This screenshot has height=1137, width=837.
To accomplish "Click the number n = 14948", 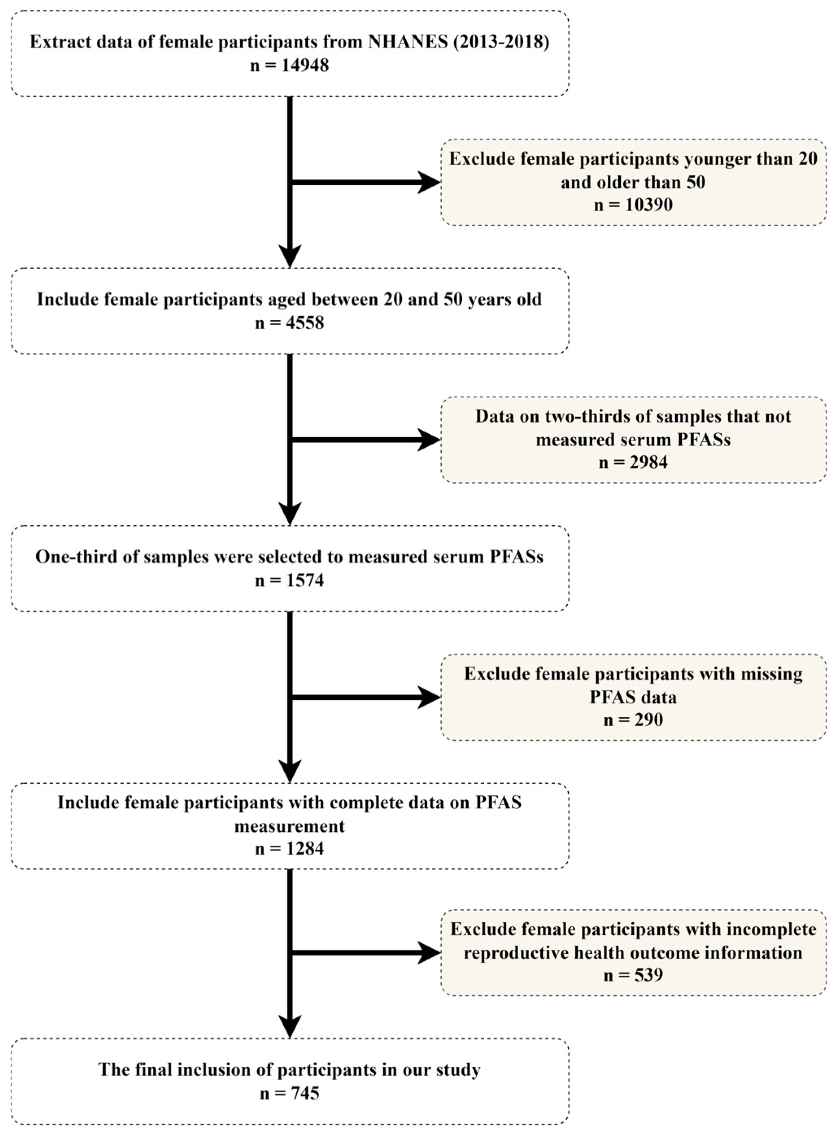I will pos(289,65).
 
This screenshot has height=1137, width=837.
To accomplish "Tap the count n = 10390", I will pos(633,205).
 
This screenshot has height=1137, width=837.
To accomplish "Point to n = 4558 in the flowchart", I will pos(289,323).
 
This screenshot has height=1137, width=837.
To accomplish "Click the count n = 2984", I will pos(633,462).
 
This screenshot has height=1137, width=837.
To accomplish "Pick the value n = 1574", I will pos(289,580).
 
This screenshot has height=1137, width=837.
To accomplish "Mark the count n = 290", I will pos(633,720).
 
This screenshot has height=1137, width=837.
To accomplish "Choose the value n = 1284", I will pos(289,848).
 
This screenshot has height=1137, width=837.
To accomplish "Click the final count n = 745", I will pos(289,1093).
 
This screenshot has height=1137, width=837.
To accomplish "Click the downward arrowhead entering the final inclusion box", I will pos(290,1026).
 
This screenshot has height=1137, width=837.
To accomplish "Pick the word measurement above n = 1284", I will pos(289,826).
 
